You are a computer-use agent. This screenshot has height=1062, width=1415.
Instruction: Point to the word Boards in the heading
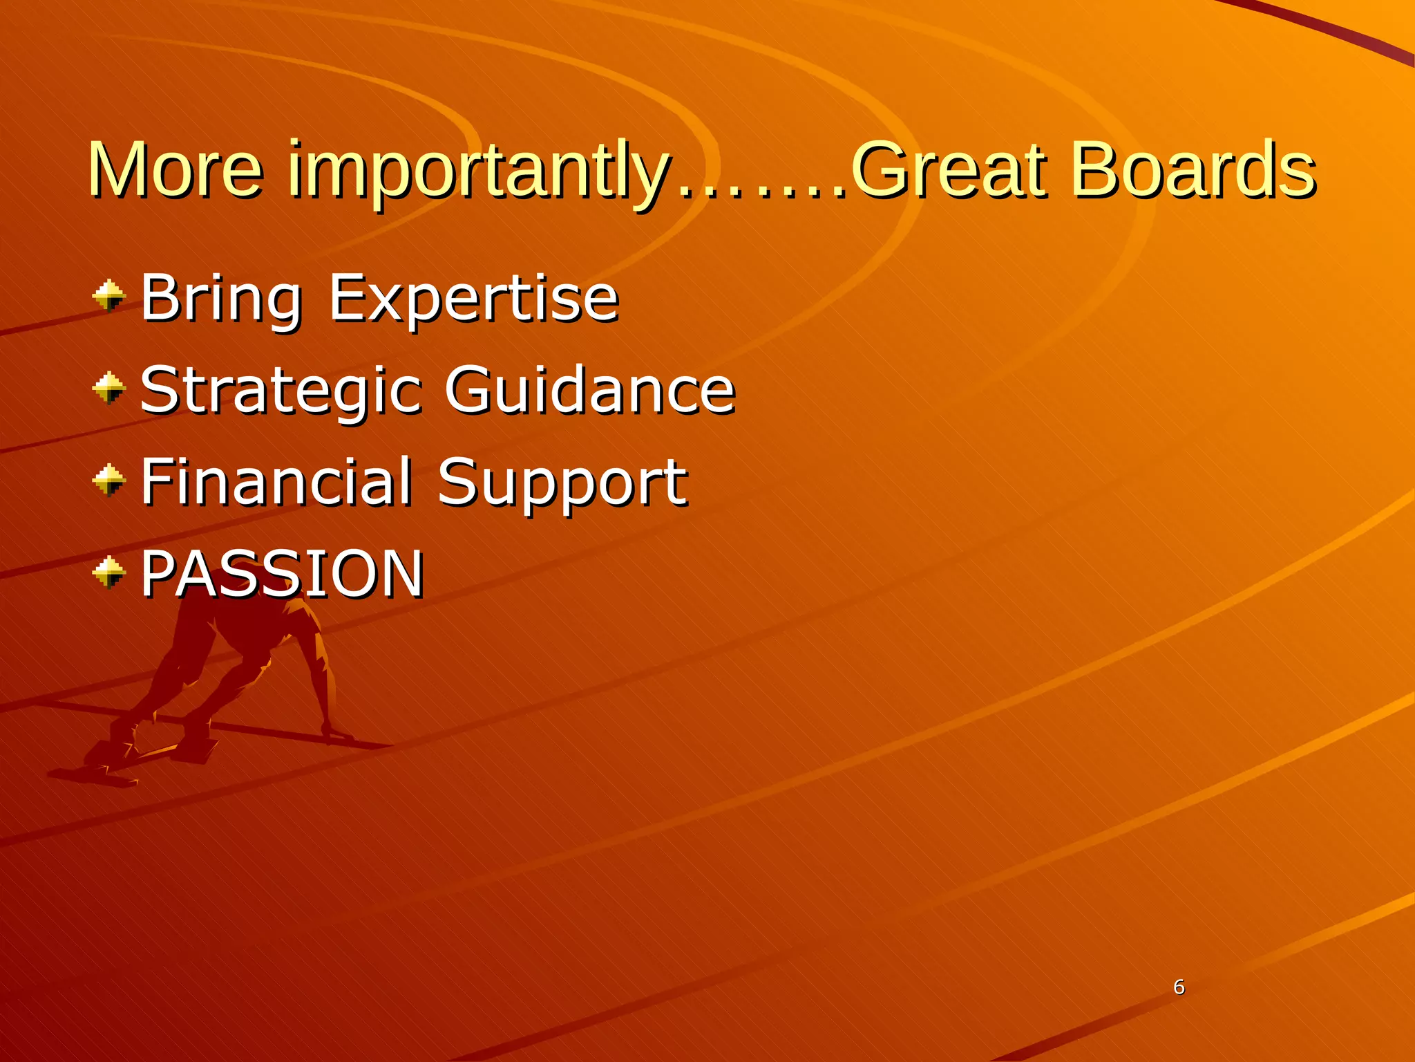[1193, 169]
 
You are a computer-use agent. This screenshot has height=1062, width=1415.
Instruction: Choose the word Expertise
[473, 299]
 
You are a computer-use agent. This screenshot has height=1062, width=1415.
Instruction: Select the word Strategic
[281, 391]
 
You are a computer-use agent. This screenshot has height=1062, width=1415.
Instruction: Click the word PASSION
[282, 573]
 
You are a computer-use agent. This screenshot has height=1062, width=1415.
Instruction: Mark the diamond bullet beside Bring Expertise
[108, 297]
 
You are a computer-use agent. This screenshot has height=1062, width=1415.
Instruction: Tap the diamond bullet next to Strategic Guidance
[108, 388]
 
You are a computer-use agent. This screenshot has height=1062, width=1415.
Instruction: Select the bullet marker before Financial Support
[108, 481]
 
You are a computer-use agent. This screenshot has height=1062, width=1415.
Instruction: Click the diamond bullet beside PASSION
[108, 572]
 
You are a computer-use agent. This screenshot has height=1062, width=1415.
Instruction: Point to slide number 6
[1179, 987]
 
